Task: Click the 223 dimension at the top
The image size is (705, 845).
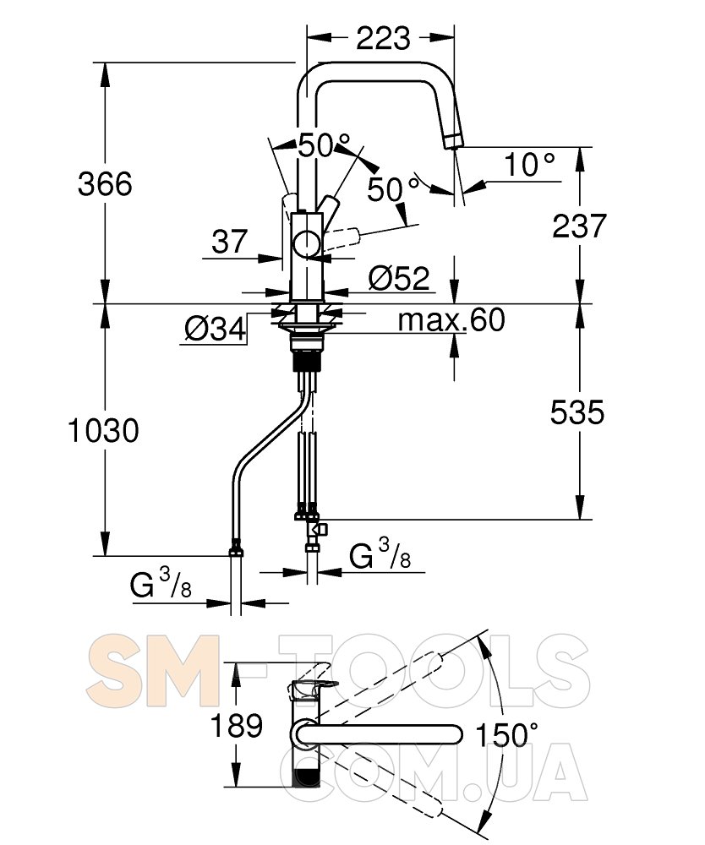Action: [383, 38]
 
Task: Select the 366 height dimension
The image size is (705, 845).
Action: [105, 183]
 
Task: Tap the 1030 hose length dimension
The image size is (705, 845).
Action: [103, 431]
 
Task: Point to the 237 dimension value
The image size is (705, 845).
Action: [579, 226]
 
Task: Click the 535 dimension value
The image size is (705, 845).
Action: [577, 413]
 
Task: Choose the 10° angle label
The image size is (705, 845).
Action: [530, 164]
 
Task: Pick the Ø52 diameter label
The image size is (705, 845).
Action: [399, 278]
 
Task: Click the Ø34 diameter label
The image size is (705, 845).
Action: [215, 328]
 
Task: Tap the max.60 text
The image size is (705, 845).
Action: [451, 319]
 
